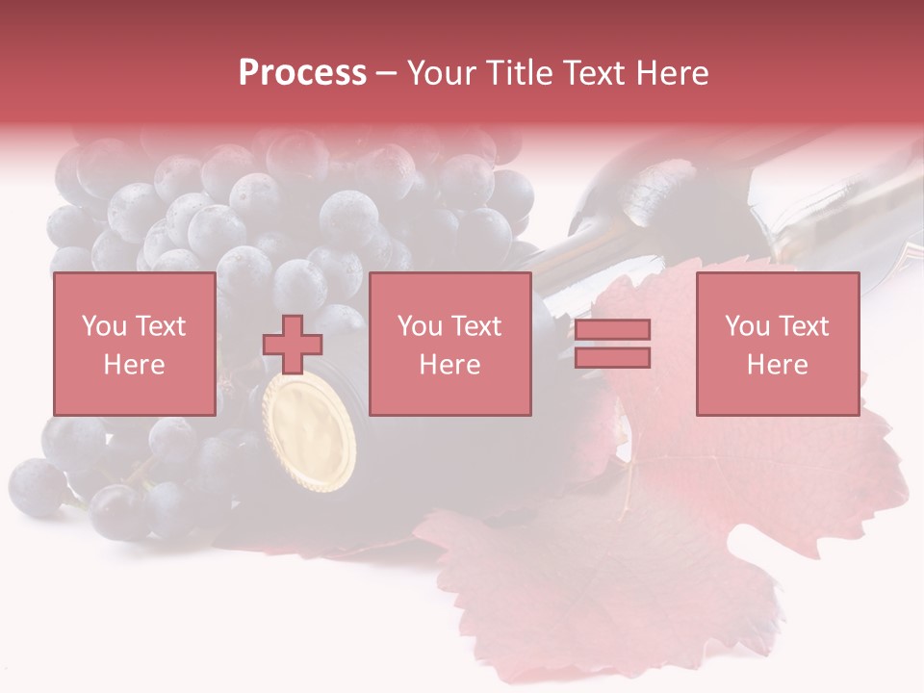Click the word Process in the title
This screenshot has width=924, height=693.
pyautogui.click(x=302, y=73)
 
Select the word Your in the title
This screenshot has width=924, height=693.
pyautogui.click(x=441, y=73)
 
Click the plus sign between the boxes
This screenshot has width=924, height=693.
pyautogui.click(x=293, y=345)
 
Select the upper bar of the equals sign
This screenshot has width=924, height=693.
pyautogui.click(x=612, y=329)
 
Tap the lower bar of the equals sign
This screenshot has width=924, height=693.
pyautogui.click(x=612, y=357)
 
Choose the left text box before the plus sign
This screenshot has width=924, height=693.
pyautogui.click(x=134, y=344)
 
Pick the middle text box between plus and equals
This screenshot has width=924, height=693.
pyautogui.click(x=449, y=344)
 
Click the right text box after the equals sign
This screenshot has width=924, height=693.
pyautogui.click(x=777, y=344)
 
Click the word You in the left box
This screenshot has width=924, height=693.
pyautogui.click(x=104, y=326)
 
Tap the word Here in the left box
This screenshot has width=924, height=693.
pyautogui.click(x=134, y=365)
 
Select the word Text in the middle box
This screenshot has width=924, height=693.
pyautogui.click(x=476, y=326)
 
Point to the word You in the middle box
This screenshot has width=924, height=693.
pyautogui.click(x=420, y=326)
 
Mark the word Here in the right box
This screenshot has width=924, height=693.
pyautogui.click(x=777, y=365)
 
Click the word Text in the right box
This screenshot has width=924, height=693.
pyautogui.click(x=804, y=326)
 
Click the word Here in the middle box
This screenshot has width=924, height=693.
pyautogui.click(x=449, y=365)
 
